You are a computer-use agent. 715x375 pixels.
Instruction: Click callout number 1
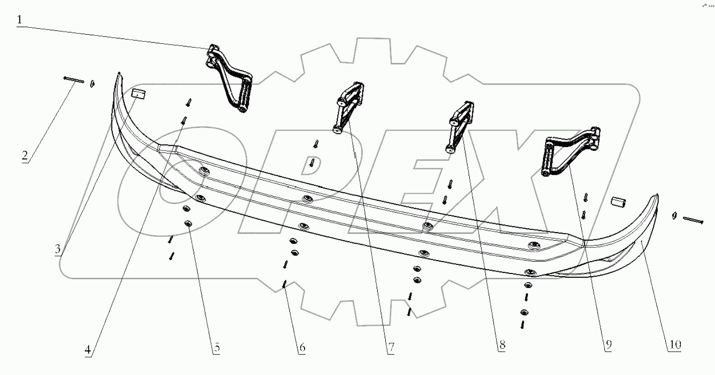[x=19, y=19]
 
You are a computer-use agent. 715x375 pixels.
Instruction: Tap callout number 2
[x=25, y=156]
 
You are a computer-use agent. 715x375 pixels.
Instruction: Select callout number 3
[x=57, y=249]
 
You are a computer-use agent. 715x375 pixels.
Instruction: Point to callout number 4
[x=88, y=350]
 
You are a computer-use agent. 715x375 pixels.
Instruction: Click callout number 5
[x=217, y=347]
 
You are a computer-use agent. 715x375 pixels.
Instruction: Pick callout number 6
[x=302, y=347]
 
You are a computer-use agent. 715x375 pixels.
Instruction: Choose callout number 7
[x=391, y=347]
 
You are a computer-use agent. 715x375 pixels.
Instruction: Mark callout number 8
[x=502, y=345]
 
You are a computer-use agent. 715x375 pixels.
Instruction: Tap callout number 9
[x=608, y=345]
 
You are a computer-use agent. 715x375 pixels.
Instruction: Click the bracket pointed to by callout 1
[x=229, y=79]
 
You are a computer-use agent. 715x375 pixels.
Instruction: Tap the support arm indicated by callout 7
[x=349, y=108]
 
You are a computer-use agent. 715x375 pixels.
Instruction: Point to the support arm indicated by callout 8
[x=460, y=127]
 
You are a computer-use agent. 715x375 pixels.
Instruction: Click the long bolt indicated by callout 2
[x=74, y=80]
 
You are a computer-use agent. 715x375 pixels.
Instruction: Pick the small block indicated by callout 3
[x=139, y=94]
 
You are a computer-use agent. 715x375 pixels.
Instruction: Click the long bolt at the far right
[x=693, y=220]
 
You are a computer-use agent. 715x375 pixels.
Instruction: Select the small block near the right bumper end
[x=618, y=203]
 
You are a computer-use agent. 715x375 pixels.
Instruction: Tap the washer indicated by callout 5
[x=188, y=223]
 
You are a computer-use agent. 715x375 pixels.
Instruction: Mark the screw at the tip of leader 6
[x=285, y=284]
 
